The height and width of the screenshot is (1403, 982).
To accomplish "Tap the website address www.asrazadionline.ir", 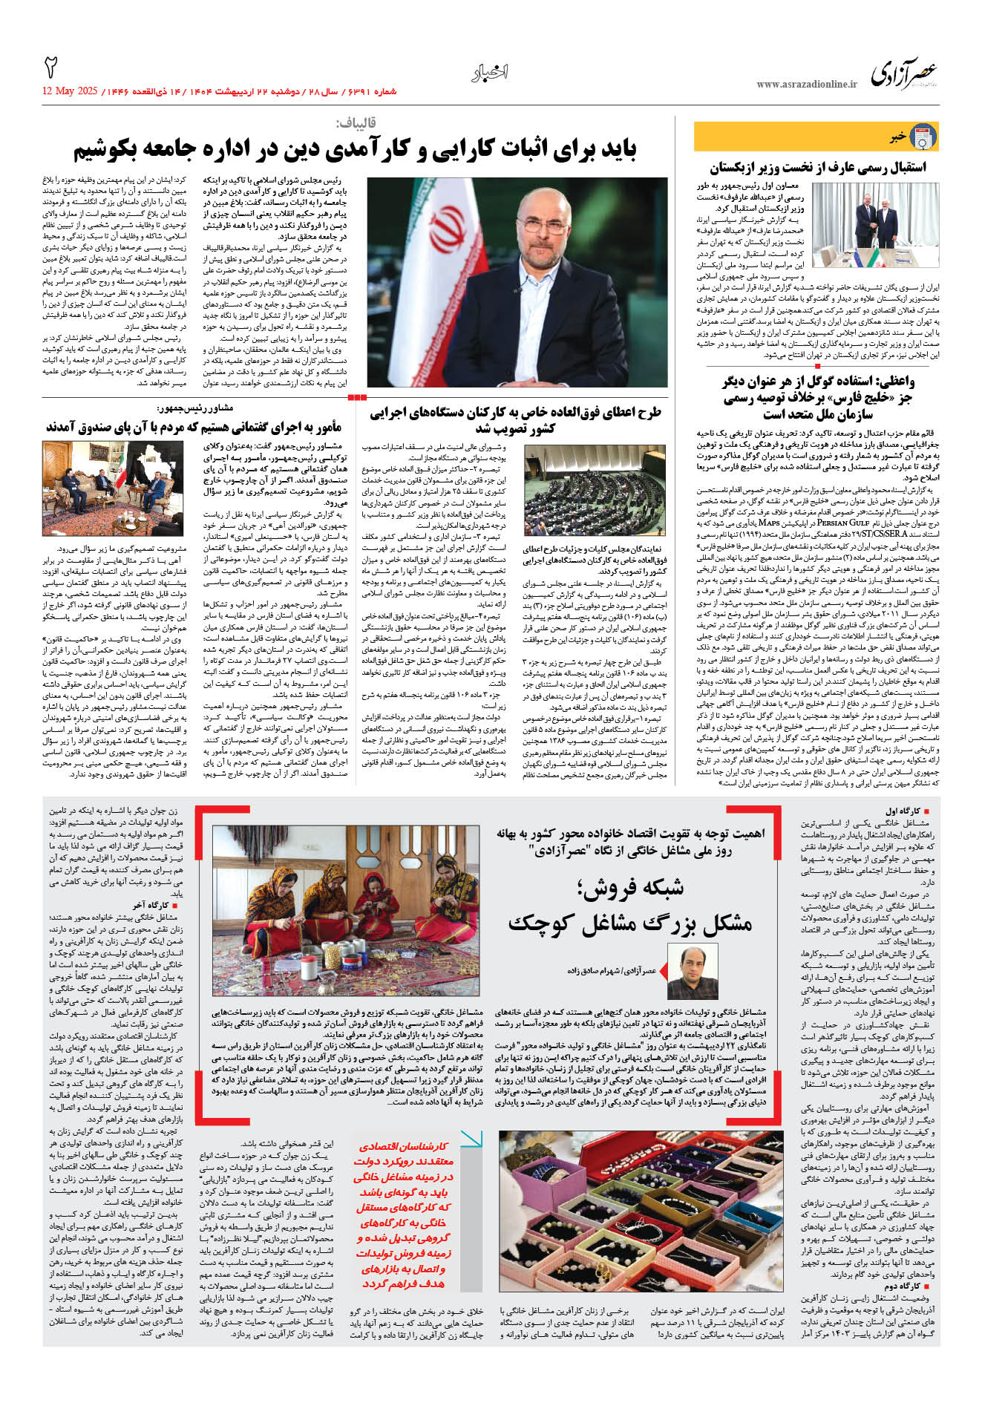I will (807, 84).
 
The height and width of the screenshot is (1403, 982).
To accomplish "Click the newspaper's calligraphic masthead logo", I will (903, 74).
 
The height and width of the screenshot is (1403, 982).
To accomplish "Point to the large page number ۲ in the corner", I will (51, 68).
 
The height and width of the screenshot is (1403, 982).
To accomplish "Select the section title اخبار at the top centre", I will (490, 73).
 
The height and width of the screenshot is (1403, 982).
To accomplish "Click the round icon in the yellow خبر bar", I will (923, 137).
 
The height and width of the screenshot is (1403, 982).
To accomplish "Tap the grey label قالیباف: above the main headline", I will (356, 122).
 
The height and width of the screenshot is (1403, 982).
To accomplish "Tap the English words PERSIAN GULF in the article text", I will (842, 523).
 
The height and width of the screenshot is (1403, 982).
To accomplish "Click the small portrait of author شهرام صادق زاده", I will (693, 972).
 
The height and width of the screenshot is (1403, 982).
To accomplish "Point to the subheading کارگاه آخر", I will (151, 905).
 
